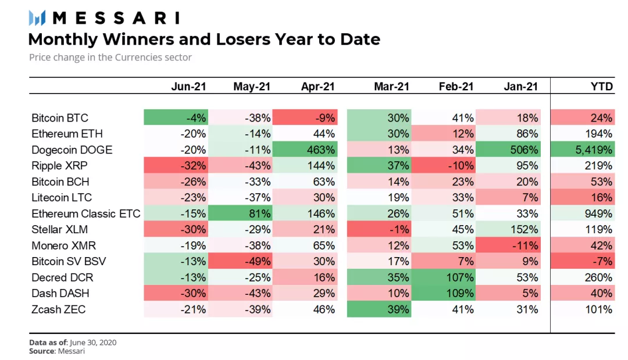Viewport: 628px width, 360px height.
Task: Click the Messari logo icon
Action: [37, 18]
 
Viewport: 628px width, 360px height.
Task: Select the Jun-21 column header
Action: [188, 86]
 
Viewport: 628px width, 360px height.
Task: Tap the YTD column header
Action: [601, 86]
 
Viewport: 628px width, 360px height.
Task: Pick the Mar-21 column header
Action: [391, 86]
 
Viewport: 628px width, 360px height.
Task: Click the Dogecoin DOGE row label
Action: [72, 150]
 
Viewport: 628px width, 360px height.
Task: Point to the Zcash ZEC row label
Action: [59, 309]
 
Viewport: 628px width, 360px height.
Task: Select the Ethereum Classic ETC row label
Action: [86, 213]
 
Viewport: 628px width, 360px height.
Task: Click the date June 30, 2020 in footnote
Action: [93, 343]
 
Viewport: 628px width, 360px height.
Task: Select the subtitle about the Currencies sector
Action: [110, 58]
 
